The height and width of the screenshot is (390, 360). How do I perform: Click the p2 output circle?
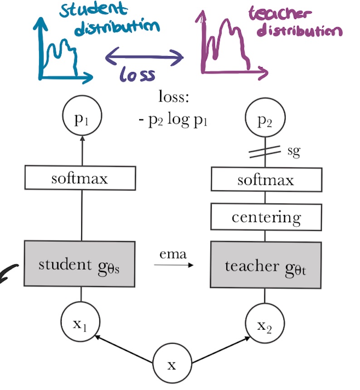click(x=265, y=121)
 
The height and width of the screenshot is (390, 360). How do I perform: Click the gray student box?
click(x=79, y=264)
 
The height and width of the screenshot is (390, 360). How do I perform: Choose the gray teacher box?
click(x=265, y=265)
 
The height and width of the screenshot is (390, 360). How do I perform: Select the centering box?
click(x=265, y=217)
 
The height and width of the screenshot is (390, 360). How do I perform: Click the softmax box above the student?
click(x=80, y=178)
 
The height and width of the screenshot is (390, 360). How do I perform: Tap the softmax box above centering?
click(x=265, y=180)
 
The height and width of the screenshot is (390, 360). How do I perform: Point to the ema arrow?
click(x=173, y=263)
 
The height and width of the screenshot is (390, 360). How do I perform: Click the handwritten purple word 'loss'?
click(x=138, y=74)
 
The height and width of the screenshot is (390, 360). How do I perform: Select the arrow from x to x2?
click(x=220, y=350)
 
